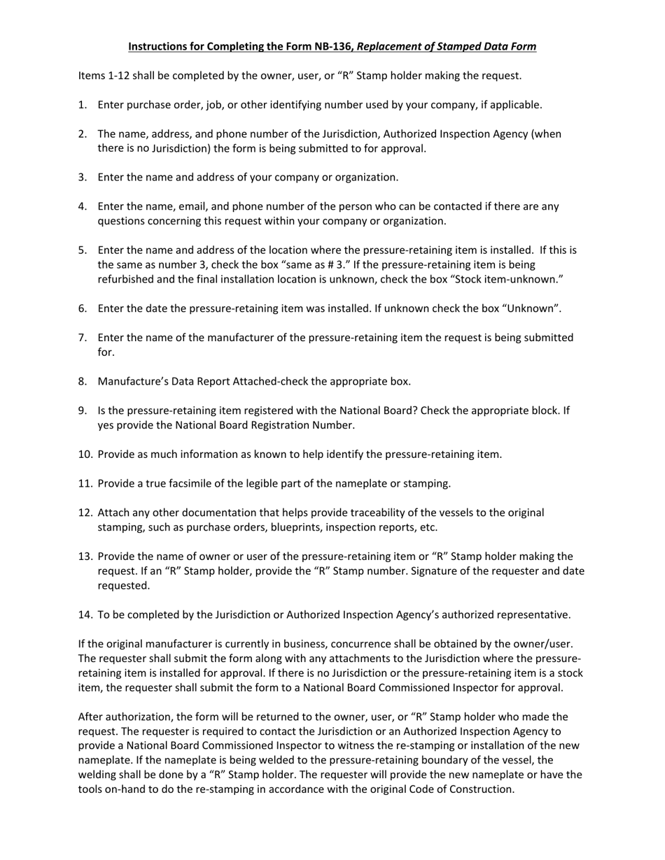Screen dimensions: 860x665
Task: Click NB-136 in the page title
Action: [334, 47]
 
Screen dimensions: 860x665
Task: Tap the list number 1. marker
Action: [83, 105]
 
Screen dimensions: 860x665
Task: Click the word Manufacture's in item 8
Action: [131, 381]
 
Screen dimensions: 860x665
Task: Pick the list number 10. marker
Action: [85, 454]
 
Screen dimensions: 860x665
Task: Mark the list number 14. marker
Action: [85, 615]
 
